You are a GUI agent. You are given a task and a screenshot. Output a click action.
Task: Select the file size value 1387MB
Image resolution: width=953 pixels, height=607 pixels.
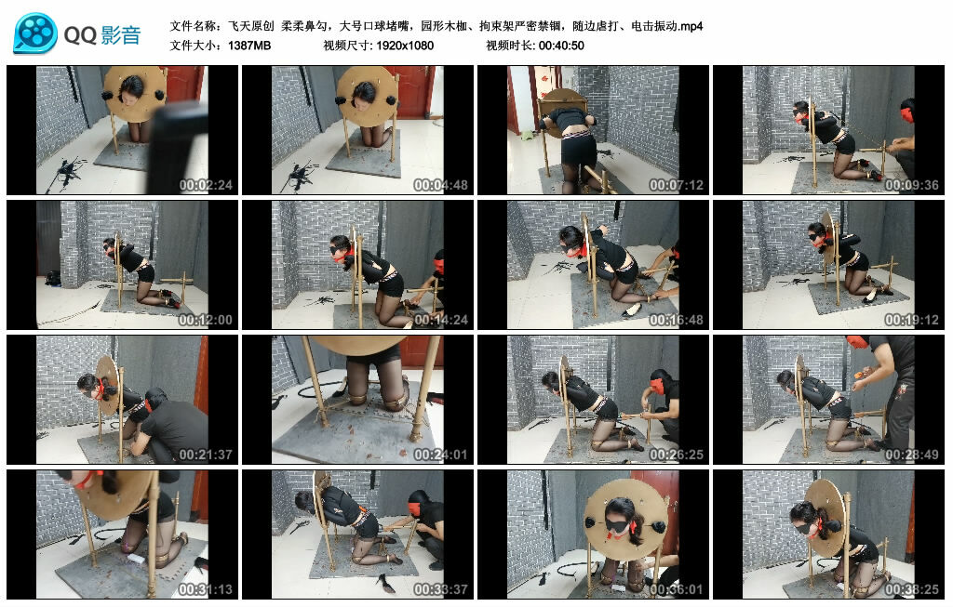coord(249,46)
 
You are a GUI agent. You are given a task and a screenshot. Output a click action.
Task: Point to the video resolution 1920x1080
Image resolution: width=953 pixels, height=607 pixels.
coord(405,46)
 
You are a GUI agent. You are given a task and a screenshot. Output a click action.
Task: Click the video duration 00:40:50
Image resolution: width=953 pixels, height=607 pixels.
coord(561,46)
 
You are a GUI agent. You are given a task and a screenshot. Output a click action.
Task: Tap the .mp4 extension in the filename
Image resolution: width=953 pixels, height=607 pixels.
coord(691,26)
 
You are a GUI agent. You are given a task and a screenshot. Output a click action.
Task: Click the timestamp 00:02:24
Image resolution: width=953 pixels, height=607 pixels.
coord(206,185)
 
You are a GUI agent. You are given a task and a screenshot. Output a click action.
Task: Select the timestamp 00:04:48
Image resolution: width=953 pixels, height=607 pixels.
coord(440,185)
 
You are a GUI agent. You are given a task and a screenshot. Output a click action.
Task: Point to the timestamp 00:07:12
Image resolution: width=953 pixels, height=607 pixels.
coord(676,185)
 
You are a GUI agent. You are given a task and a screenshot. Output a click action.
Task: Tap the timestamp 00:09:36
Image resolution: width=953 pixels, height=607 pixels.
coord(912,185)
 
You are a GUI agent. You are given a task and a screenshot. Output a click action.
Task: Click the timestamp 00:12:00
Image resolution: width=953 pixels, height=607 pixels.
coord(206,320)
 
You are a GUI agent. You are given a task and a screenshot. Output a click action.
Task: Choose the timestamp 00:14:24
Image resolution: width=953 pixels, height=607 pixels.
coord(440,320)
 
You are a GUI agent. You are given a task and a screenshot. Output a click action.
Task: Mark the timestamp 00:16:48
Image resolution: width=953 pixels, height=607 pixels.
coord(676,320)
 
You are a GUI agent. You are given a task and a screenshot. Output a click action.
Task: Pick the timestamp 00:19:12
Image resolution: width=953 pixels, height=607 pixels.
coord(912,320)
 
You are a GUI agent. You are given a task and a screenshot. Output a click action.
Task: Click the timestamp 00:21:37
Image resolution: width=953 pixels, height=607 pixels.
coord(206,455)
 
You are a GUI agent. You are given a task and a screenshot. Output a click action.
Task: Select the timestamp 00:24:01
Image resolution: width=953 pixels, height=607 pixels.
coord(440,455)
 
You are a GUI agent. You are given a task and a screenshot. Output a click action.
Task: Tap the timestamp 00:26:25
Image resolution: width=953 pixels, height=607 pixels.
coord(676,455)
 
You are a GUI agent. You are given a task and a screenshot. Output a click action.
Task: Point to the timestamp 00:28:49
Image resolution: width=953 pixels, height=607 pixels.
coord(912,455)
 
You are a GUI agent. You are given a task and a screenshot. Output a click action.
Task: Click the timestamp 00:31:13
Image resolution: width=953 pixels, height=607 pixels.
coord(206,589)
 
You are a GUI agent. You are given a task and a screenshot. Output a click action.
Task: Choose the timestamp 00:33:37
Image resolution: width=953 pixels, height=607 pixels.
coord(440,589)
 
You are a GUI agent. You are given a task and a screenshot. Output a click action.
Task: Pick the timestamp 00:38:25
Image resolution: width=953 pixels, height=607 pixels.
coord(912,589)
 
